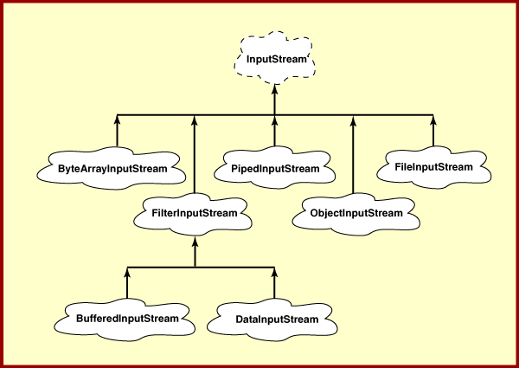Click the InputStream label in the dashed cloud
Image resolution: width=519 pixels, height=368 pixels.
tap(274, 59)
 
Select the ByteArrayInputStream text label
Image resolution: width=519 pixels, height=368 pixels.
tap(117, 166)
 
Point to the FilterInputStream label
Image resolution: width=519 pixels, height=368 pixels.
tap(195, 212)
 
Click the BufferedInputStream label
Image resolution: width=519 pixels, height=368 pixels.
tap(127, 318)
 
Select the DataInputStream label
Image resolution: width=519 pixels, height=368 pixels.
tap(274, 319)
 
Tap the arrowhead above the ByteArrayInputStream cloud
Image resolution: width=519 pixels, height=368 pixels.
tap(117, 120)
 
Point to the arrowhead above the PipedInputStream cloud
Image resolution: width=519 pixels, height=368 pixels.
tap(275, 120)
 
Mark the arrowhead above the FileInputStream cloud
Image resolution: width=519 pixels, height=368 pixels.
tap(432, 120)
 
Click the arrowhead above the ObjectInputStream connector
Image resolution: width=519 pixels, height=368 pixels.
tap(353, 120)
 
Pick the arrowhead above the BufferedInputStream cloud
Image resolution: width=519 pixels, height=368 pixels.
tap(127, 273)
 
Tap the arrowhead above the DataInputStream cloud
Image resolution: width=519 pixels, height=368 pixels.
tap(275, 273)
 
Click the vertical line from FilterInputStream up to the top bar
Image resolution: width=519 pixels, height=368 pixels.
tap(195, 160)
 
